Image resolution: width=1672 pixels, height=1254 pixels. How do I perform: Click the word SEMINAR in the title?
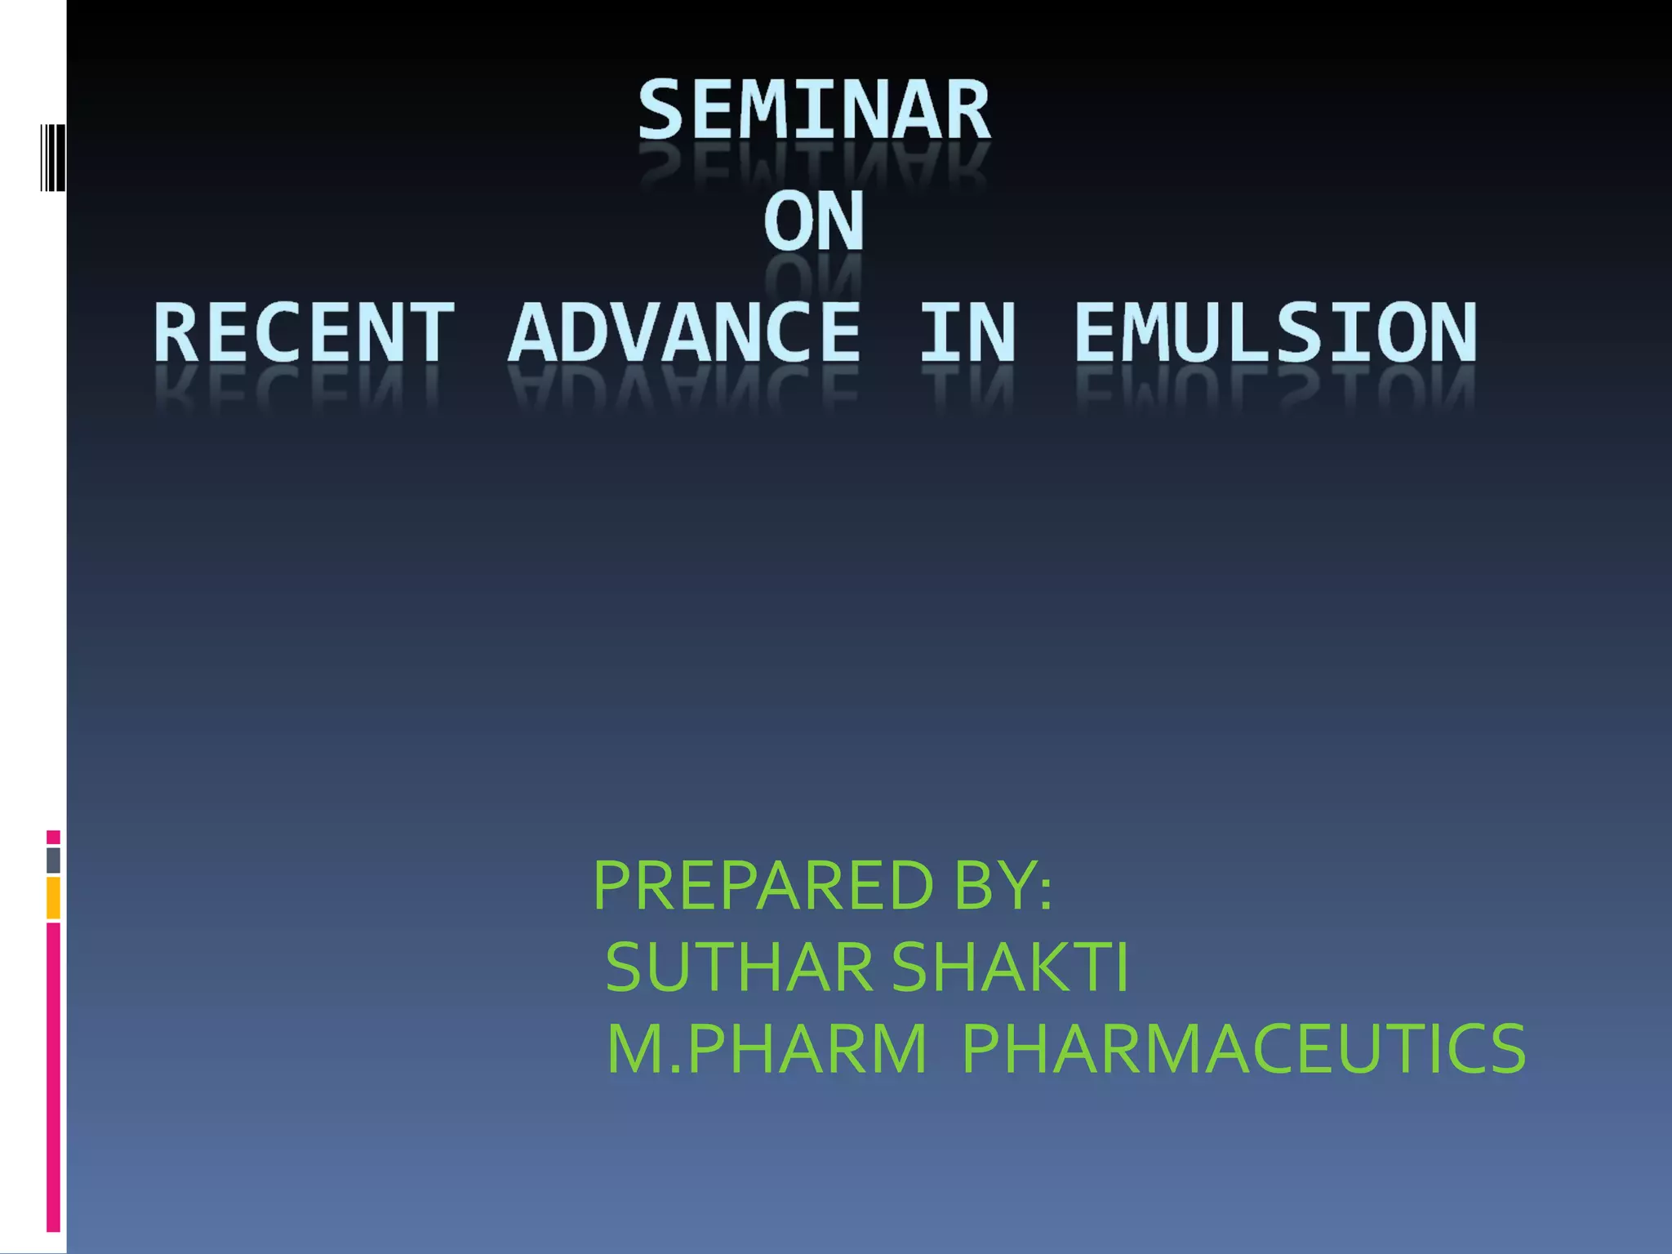click(814, 110)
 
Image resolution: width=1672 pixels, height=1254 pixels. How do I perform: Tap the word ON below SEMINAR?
click(814, 221)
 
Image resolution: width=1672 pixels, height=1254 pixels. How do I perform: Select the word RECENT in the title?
click(304, 332)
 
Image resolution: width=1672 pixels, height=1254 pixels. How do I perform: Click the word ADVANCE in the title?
click(684, 332)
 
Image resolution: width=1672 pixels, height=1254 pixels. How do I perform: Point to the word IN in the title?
click(968, 332)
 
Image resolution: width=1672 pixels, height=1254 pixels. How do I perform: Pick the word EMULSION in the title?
click(1275, 332)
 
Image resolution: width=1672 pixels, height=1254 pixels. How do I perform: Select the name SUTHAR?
click(739, 967)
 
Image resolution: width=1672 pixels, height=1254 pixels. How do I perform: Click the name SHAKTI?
click(1010, 967)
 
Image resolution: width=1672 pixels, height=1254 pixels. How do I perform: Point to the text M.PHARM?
click(767, 1049)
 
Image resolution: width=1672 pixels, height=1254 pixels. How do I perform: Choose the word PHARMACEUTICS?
click(1243, 1049)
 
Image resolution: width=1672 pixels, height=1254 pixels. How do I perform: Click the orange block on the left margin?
click(53, 898)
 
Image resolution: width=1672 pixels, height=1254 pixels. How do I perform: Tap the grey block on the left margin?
click(53, 860)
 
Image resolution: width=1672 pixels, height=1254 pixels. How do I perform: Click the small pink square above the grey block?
click(53, 837)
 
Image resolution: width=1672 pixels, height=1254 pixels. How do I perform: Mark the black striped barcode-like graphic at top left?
click(52, 158)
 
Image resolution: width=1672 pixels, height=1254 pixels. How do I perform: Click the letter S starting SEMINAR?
click(660, 110)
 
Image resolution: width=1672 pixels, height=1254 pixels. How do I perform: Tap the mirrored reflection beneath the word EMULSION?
click(1275, 389)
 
